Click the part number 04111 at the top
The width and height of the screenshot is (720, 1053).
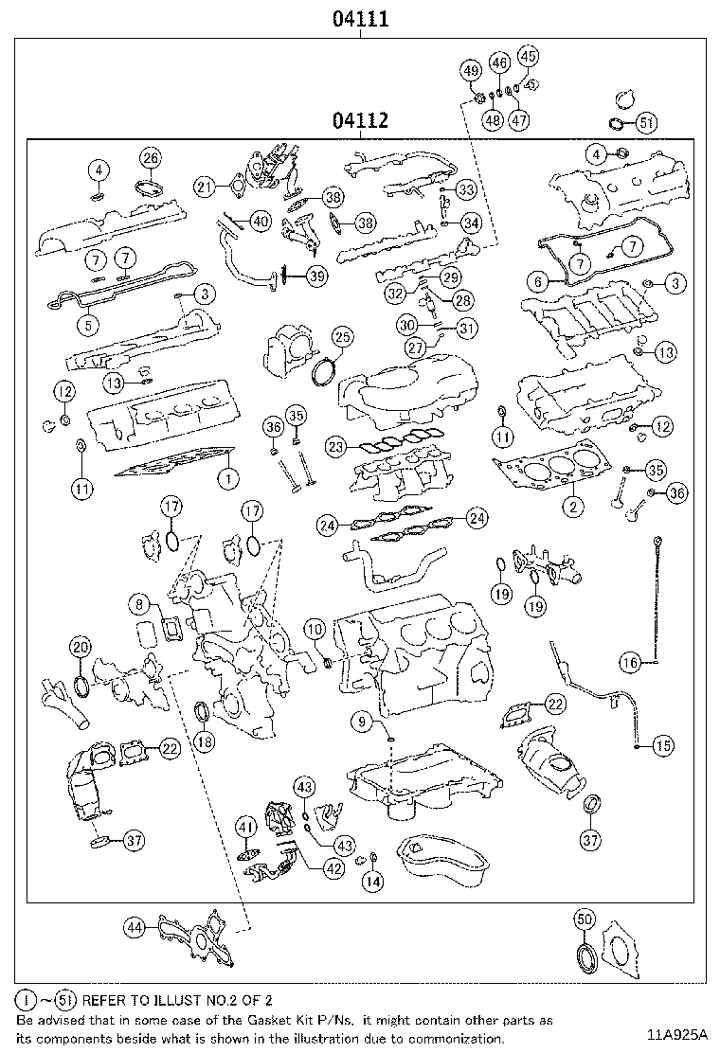click(360, 18)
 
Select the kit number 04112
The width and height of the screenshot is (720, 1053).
click(360, 121)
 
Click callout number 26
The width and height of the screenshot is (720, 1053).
click(151, 158)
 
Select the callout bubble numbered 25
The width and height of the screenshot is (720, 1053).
click(341, 336)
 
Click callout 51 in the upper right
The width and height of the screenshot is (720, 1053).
click(645, 122)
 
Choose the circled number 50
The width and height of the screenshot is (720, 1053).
click(585, 919)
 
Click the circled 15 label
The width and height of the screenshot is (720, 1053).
click(662, 745)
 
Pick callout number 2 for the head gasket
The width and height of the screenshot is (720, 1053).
click(572, 507)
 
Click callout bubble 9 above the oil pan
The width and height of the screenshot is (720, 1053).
click(362, 723)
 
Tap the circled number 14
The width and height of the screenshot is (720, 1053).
click(373, 881)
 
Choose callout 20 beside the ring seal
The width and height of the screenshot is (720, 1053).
click(81, 648)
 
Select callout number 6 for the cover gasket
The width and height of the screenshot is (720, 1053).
click(538, 281)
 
